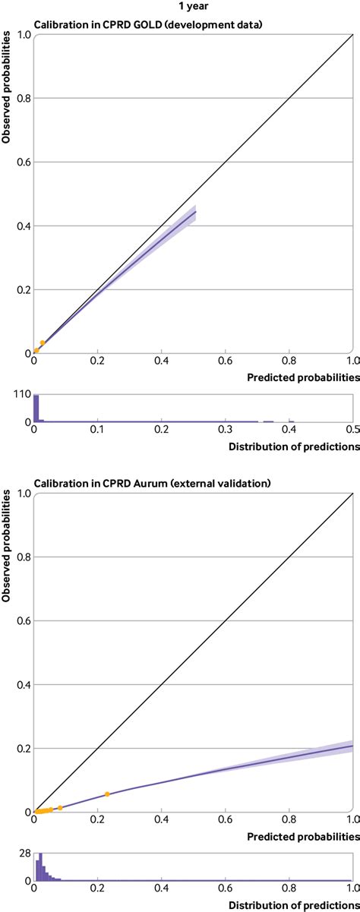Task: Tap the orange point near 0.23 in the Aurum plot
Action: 107,794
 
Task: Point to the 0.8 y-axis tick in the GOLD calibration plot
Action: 21,98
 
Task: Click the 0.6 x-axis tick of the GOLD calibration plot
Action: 224,362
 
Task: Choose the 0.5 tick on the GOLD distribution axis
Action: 352,430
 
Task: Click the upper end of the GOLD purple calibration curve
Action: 195,212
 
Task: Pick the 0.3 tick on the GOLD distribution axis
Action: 225,430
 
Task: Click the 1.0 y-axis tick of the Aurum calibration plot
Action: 21,494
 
